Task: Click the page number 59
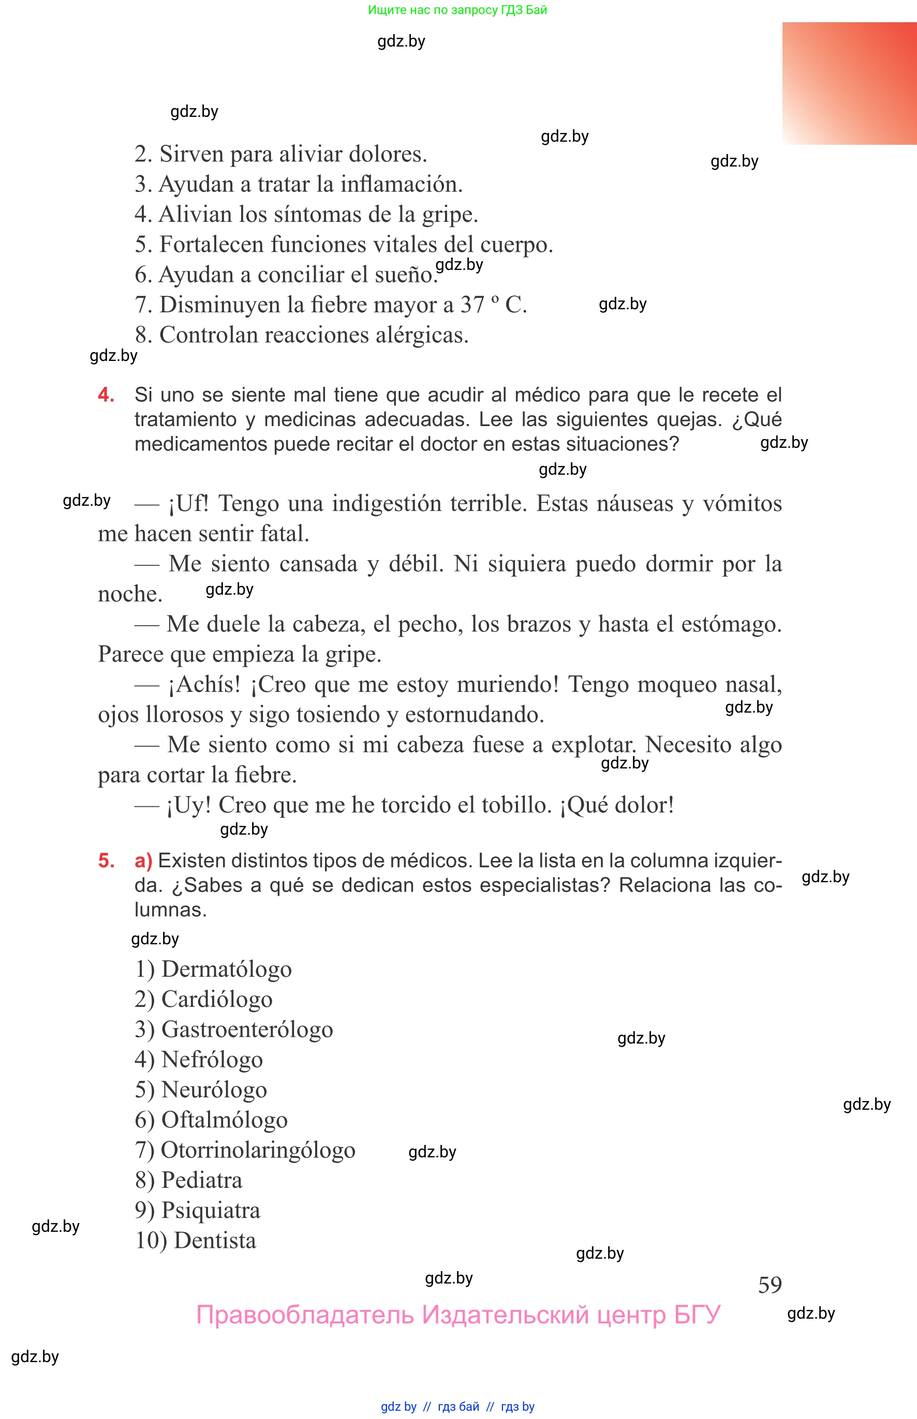tap(770, 1285)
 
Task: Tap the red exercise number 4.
tap(106, 395)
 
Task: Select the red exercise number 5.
tap(106, 861)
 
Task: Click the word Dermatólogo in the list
tap(226, 969)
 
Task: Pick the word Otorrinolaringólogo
tap(258, 1150)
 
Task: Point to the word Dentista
tap(215, 1241)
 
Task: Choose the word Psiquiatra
tap(211, 1210)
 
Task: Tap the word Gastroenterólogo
tap(247, 1029)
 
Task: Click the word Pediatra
tap(202, 1180)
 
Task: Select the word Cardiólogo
tap(217, 1000)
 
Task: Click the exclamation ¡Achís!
tap(204, 684)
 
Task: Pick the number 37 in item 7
tap(472, 305)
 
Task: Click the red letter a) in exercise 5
tap(143, 861)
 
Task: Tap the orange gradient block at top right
tap(849, 83)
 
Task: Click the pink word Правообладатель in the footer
tap(305, 1315)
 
